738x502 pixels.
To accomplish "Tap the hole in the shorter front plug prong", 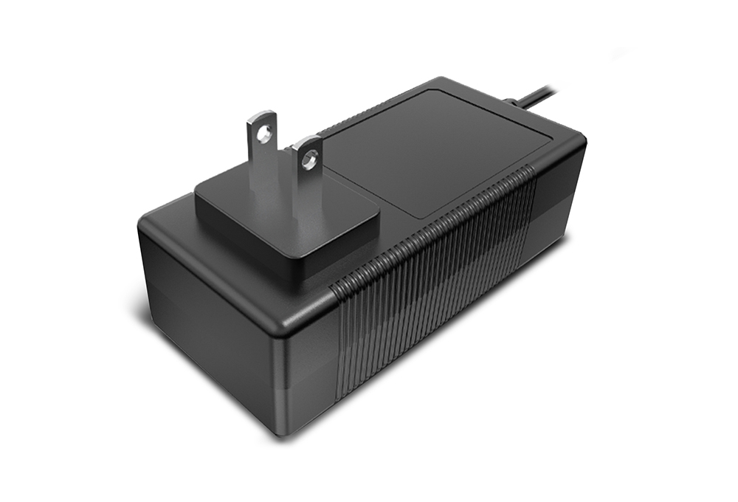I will (309, 157).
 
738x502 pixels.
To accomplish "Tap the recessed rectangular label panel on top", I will (435, 148).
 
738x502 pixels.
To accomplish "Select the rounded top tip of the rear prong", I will (262, 115).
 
